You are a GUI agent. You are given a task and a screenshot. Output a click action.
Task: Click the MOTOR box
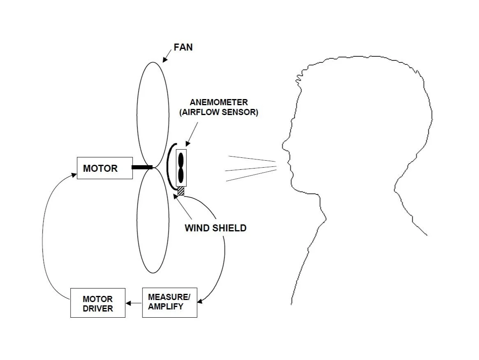105,168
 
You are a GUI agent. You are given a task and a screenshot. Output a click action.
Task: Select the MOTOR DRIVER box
98,303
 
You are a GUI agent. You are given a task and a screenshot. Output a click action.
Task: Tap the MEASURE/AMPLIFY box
169,302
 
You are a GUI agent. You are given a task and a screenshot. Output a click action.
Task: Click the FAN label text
183,47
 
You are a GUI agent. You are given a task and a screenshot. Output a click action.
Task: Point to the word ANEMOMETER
219,102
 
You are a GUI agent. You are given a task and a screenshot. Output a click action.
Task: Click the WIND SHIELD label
216,228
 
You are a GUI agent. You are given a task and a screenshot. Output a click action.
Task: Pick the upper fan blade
153,113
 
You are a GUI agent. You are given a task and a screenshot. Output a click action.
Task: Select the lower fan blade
153,222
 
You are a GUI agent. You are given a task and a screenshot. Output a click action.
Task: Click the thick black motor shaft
142,167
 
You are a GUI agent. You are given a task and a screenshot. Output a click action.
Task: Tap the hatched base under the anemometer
181,191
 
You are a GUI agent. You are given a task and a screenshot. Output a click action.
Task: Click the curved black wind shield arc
169,166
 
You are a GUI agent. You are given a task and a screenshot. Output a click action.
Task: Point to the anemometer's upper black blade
181,159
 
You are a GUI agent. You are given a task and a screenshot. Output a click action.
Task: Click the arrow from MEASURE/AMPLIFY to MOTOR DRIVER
134,303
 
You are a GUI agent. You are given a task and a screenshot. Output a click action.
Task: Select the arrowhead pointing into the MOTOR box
74,175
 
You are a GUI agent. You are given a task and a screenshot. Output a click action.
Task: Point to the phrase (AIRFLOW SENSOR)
219,113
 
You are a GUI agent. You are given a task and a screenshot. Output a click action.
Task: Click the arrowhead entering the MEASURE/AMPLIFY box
200,302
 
